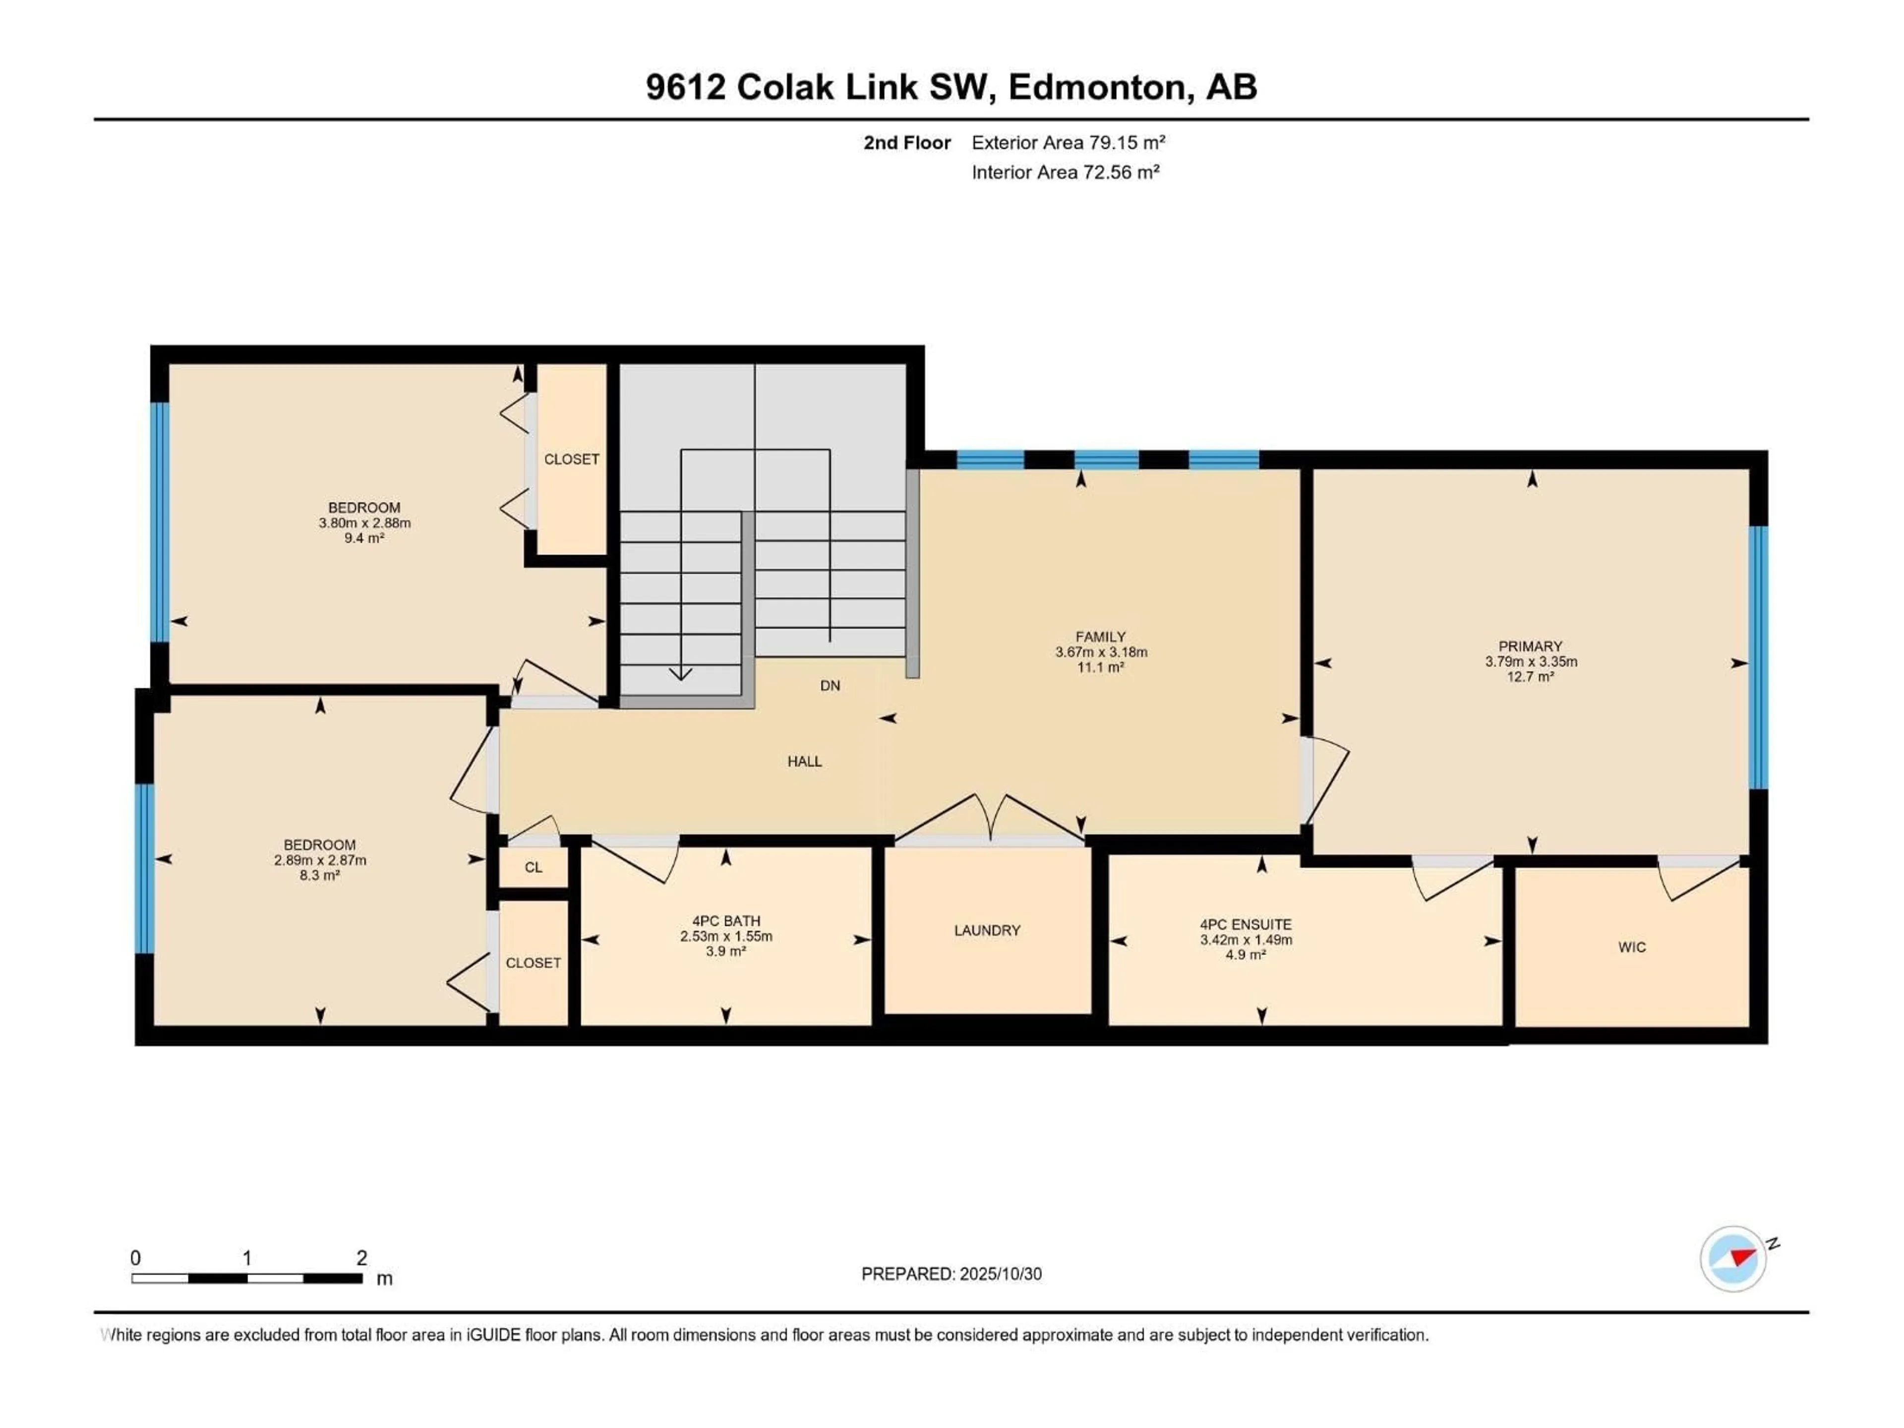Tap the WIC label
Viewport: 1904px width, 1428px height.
(x=1631, y=947)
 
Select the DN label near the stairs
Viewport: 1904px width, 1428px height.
(x=830, y=686)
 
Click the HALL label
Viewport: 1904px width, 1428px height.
(x=804, y=761)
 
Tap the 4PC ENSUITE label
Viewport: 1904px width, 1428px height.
(x=1246, y=924)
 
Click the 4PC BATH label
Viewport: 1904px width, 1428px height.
(x=725, y=921)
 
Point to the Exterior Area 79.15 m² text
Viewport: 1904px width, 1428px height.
(x=1068, y=143)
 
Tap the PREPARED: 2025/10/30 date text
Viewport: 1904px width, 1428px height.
(x=951, y=1274)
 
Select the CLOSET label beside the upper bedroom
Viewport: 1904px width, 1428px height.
(x=571, y=460)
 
